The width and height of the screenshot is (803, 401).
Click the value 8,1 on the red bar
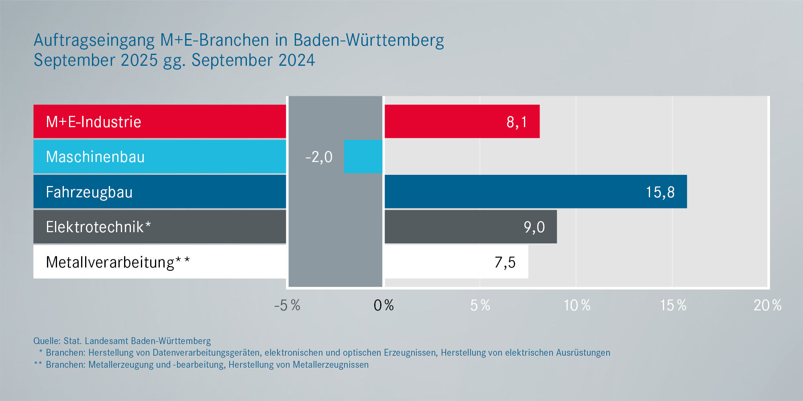pos(517,122)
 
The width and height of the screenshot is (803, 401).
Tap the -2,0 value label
pos(319,157)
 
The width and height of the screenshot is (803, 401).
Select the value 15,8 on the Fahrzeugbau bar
pos(660,192)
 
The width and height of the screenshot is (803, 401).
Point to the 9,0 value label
pos(534,227)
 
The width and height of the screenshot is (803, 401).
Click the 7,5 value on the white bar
pos(505,262)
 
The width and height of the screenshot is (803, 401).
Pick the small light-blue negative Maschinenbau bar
pos(363,156)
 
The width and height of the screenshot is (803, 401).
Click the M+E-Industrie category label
pos(94,122)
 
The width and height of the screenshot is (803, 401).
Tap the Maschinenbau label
pos(95,157)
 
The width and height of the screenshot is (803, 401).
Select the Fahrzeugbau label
pos(89,192)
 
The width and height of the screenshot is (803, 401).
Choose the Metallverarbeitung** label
pos(118,262)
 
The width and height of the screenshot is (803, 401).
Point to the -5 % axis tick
pos(287,306)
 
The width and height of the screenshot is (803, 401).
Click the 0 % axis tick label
pos(383,306)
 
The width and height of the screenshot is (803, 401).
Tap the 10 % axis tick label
pos(577,306)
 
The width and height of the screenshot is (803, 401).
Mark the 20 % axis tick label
pos(767,306)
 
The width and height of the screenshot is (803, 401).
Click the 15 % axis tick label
pos(673,306)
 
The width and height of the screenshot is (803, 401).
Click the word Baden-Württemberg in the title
pos(369,41)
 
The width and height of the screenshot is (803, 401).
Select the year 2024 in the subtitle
pos(297,61)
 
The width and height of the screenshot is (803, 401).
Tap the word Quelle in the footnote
pos(47,341)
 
